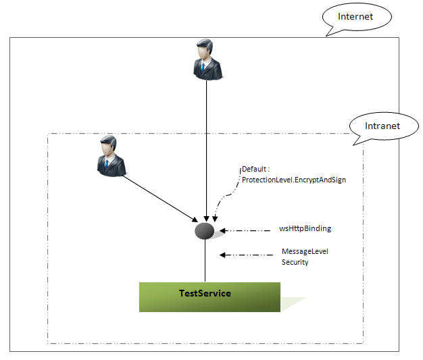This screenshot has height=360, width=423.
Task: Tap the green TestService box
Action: (x=209, y=297)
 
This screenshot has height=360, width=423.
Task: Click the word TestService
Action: (x=205, y=293)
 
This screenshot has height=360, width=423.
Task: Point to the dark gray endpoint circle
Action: (x=205, y=231)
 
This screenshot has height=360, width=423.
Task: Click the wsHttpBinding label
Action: (x=305, y=229)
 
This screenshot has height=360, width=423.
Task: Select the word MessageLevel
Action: (x=305, y=252)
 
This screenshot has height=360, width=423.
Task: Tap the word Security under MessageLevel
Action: (x=295, y=262)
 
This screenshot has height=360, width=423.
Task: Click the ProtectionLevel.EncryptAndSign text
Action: (x=293, y=180)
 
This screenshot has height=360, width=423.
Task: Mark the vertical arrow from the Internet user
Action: (x=205, y=149)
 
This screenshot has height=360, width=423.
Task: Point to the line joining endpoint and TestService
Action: (x=205, y=260)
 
